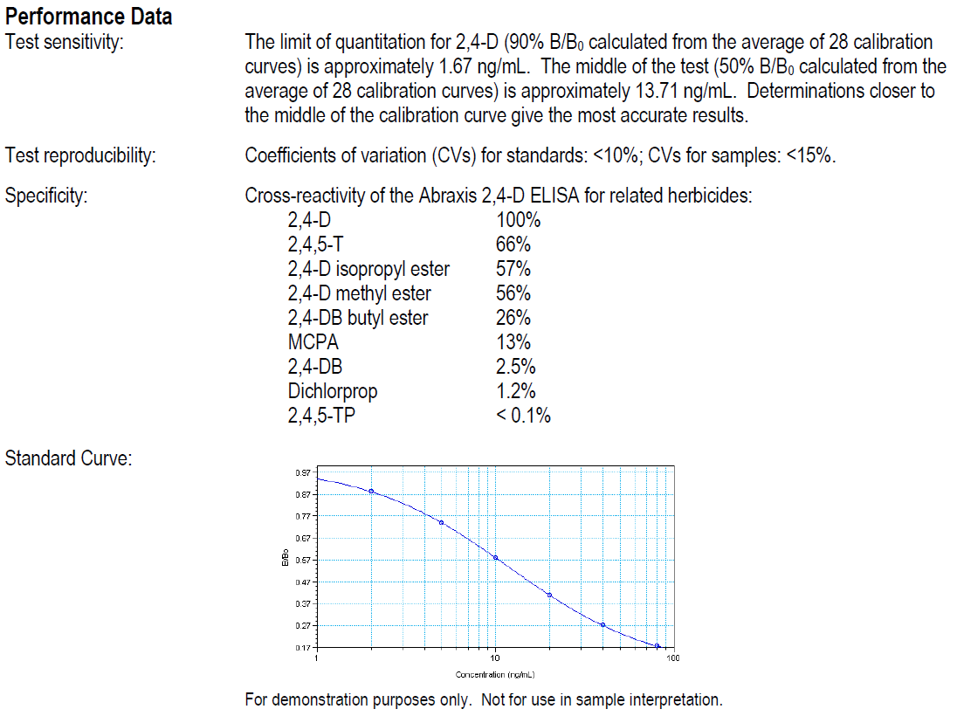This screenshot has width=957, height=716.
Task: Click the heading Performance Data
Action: point(89,16)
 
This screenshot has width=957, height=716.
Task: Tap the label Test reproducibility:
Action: point(80,156)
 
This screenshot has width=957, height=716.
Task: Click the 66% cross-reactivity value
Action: point(513,244)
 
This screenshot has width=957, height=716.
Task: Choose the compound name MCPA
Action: point(313,342)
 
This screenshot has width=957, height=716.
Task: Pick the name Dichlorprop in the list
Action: point(333,391)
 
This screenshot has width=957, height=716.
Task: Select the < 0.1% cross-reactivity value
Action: point(523,416)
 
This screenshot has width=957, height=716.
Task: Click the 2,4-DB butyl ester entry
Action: point(358,318)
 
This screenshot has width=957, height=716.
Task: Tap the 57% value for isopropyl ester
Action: point(513,269)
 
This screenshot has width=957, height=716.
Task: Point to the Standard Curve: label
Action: point(68,458)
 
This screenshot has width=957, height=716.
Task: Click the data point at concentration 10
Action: point(495,557)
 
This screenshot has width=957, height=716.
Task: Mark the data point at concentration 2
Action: point(371,491)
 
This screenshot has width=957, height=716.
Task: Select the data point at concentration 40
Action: point(602,624)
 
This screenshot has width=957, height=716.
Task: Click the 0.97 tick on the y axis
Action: point(303,473)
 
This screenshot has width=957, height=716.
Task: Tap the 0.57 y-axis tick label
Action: point(303,560)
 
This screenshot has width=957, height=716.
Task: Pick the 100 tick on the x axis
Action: point(672,658)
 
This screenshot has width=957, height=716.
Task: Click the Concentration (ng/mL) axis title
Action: point(495,675)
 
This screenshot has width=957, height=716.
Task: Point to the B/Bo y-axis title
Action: point(286,560)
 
